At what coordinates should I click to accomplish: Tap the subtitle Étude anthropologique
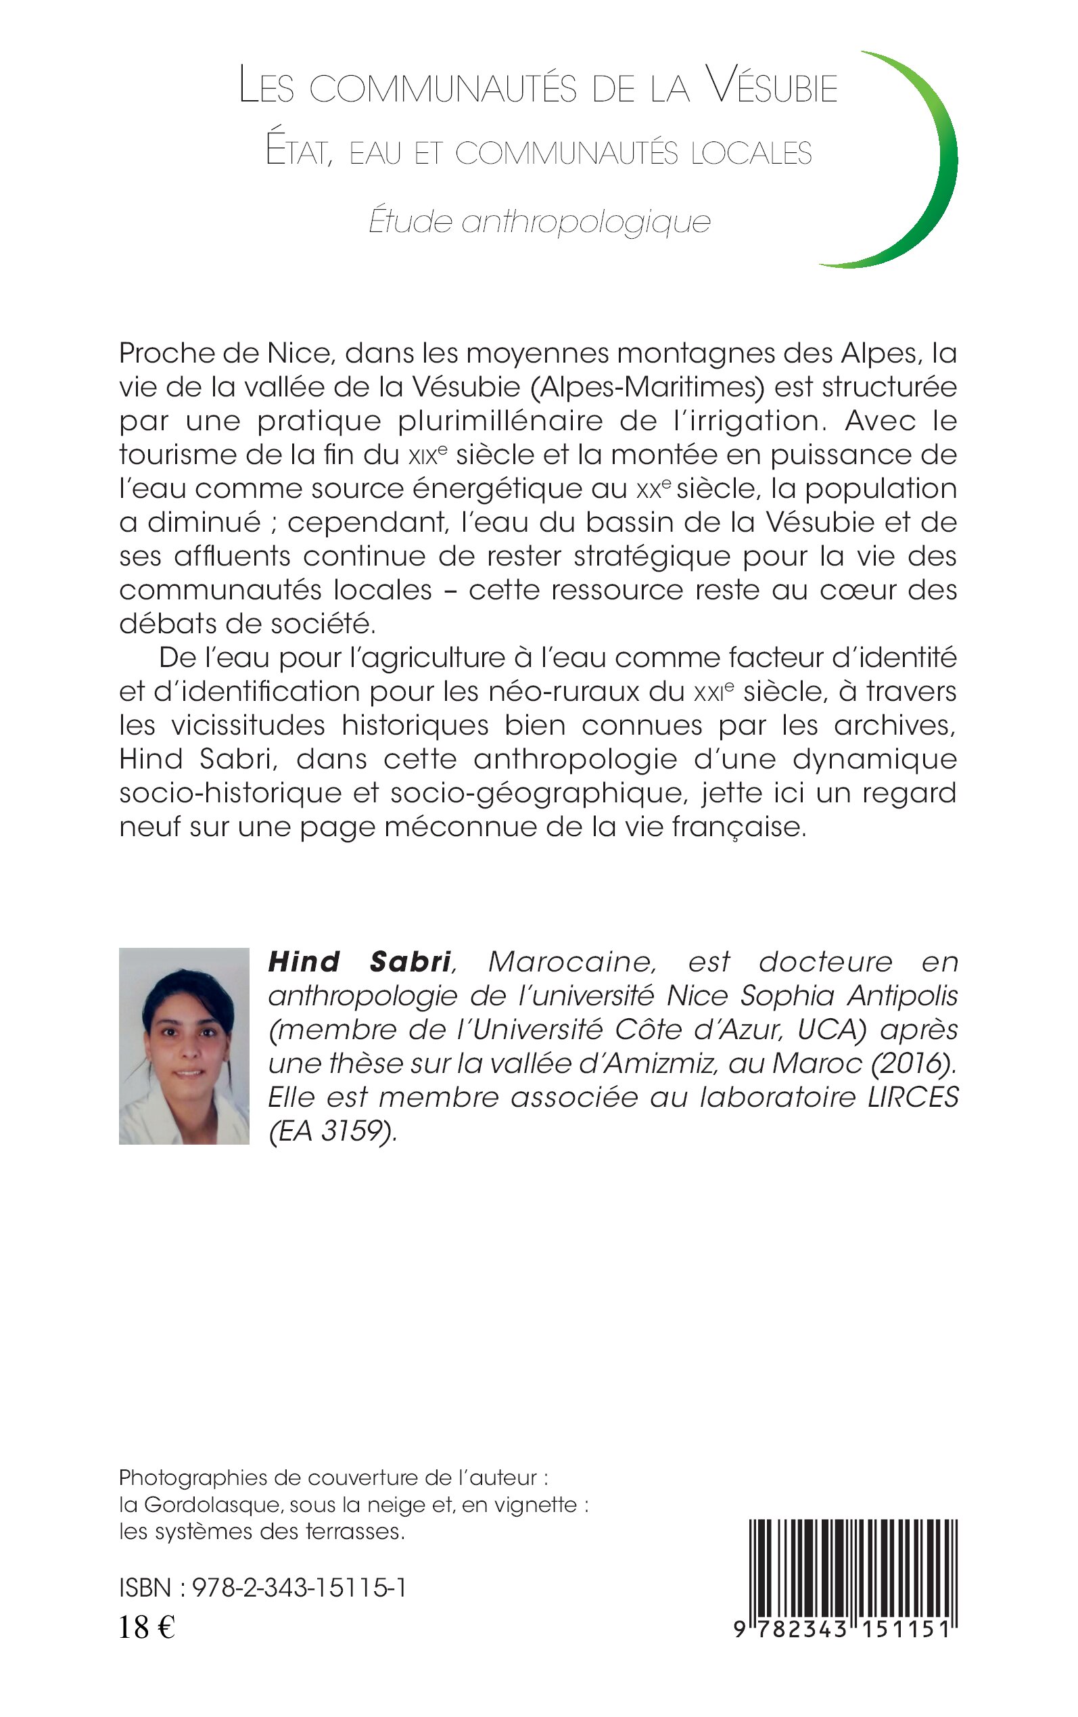click(540, 222)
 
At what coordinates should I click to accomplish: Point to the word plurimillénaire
click(500, 421)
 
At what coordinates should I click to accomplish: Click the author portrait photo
click(184, 1045)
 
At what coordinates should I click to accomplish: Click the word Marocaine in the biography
click(571, 962)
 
